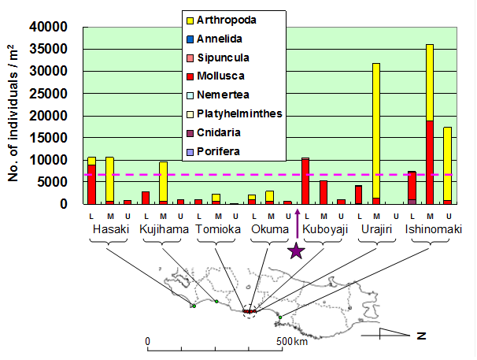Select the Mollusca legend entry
(x=221, y=76)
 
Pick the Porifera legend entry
(x=220, y=150)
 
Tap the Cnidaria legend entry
(x=220, y=132)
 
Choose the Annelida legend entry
(x=220, y=39)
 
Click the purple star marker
(x=296, y=251)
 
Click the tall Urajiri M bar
(x=376, y=133)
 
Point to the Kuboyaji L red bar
(x=305, y=182)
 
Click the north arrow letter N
(x=421, y=336)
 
